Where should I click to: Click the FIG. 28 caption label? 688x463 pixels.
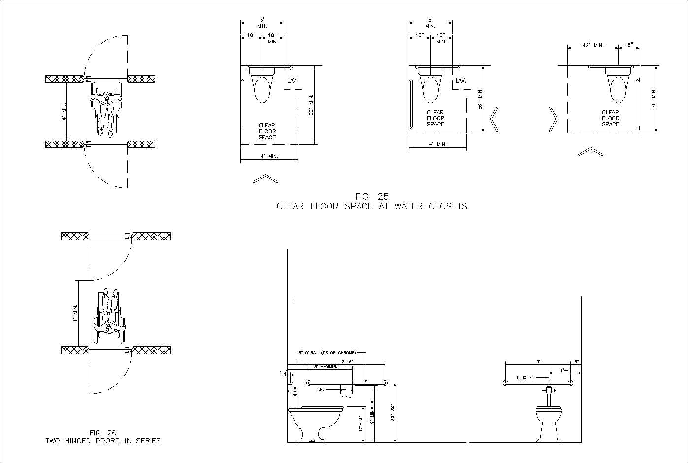coord(372,196)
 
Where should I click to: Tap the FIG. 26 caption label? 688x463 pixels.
coord(103,432)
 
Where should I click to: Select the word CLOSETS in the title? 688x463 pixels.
coord(448,206)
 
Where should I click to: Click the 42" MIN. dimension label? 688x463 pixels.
coord(593,45)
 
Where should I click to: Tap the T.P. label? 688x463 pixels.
coord(320,390)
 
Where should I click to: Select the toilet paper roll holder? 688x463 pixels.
coord(347,391)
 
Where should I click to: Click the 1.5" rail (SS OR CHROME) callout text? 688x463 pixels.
coord(325,353)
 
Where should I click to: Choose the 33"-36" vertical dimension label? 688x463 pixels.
coord(393,412)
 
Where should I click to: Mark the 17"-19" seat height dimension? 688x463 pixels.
coord(360,424)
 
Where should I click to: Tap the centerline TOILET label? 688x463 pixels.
coord(526,377)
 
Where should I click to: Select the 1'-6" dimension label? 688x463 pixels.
coord(566,370)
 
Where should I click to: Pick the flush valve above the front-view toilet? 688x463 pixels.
coord(549,390)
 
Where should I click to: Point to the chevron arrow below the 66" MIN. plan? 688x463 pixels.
coord(265,178)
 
